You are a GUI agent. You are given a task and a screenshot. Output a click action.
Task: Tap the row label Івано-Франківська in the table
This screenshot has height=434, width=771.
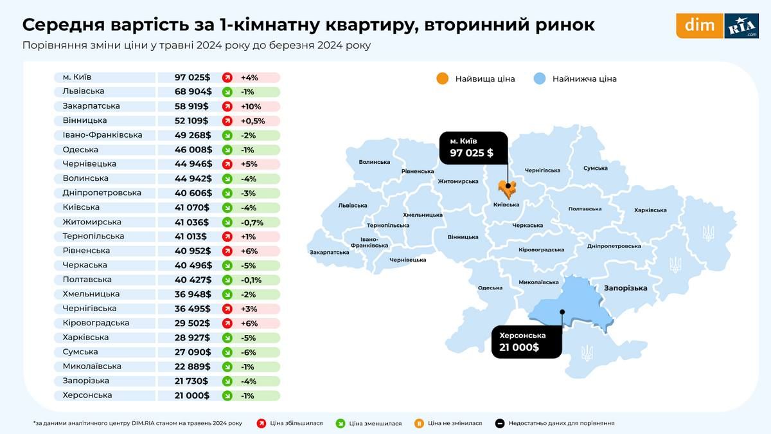pos(102,135)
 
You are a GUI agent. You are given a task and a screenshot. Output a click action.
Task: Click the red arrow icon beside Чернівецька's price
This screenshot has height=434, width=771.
pos(227,164)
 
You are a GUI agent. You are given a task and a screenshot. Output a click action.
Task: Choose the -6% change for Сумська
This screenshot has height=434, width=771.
pos(249,352)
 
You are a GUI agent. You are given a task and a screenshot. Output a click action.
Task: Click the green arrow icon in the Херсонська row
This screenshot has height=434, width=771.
pos(227,395)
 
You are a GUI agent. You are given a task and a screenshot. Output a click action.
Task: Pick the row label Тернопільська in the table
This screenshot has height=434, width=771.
pos(93,236)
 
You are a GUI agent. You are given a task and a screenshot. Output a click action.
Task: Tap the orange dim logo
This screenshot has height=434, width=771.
pos(699,26)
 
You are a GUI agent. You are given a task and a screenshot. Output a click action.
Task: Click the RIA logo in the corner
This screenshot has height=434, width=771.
pos(741,26)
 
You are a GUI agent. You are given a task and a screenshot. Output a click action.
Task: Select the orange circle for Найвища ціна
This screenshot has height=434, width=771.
pos(442,78)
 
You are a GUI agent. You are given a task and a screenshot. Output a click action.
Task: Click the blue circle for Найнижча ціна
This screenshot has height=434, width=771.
pos(539,78)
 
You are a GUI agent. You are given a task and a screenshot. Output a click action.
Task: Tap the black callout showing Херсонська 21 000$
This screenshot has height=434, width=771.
pos(526,341)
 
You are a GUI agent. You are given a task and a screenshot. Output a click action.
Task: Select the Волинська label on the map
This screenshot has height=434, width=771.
pos(375,162)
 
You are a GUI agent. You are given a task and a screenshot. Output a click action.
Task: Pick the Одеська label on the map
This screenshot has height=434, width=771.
pos(490,287)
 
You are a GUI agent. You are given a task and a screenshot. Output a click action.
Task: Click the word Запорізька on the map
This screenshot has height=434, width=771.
pos(625,288)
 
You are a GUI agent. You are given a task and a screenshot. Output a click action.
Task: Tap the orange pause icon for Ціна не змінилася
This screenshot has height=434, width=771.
pos(419,423)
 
